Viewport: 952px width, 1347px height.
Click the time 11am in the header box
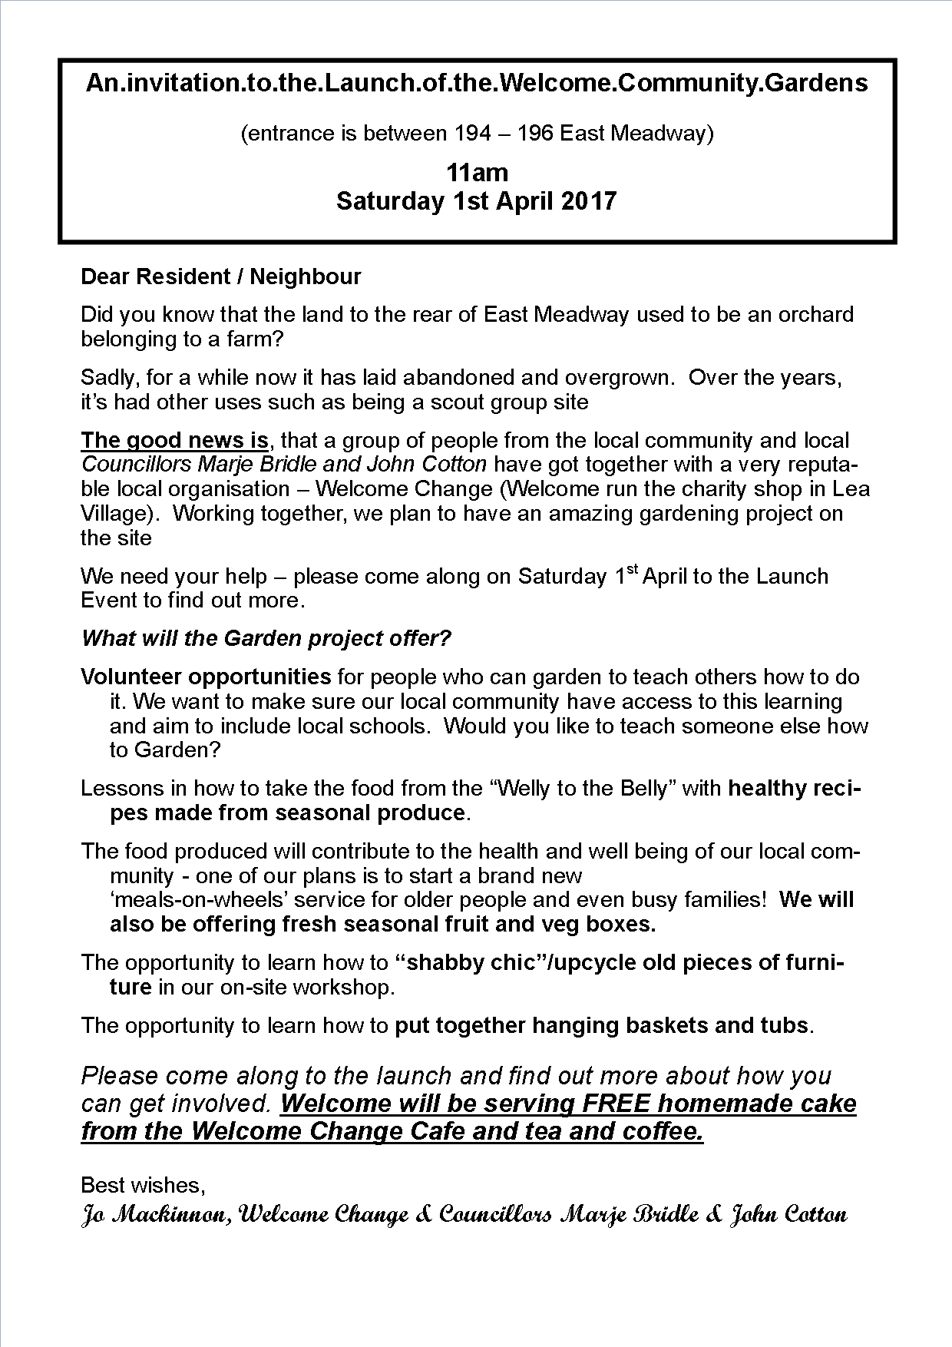(477, 171)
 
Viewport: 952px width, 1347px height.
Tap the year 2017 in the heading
(588, 201)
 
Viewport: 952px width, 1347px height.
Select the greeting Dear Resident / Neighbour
(221, 276)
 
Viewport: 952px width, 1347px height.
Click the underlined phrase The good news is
(175, 440)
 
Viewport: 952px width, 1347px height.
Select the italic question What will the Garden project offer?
(266, 638)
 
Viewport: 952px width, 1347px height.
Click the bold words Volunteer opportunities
(206, 677)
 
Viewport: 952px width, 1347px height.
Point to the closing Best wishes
(143, 1185)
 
